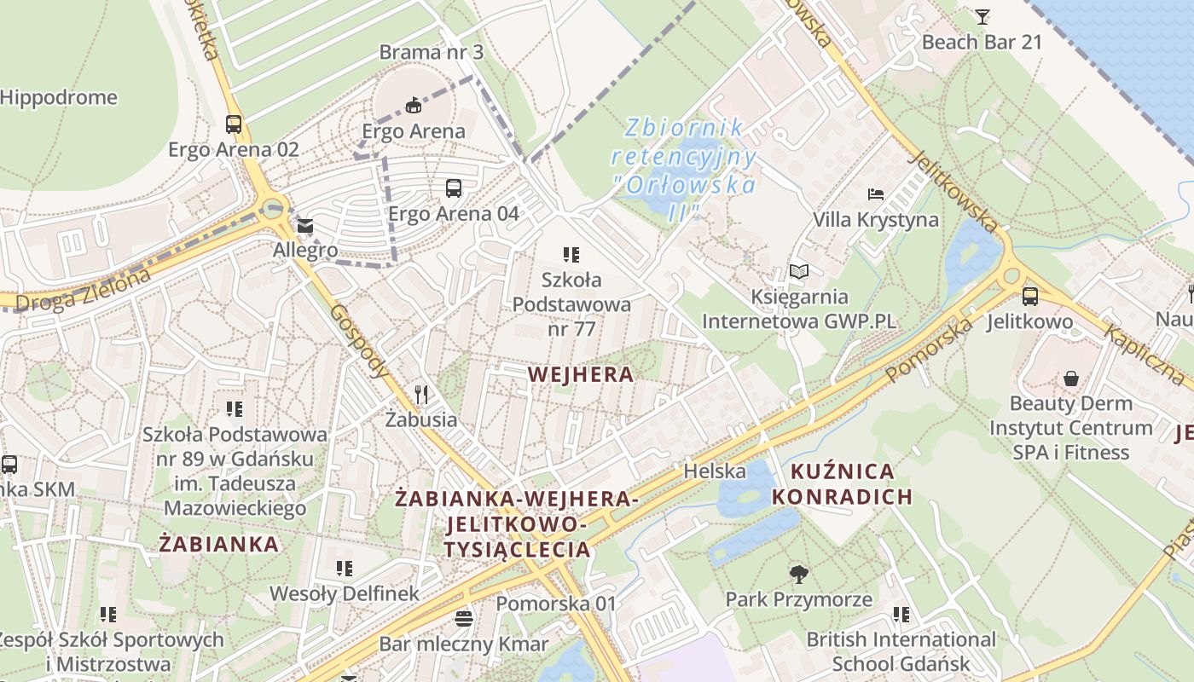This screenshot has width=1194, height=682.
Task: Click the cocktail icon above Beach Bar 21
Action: pos(982,16)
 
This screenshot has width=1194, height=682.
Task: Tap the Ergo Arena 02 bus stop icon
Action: pos(233,124)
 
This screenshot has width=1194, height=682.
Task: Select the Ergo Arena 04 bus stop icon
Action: pos(453,188)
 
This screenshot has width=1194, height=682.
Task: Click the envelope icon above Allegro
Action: pos(304,227)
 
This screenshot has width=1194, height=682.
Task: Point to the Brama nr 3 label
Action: pos(431,52)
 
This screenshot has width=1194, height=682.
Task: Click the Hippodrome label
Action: pos(58,97)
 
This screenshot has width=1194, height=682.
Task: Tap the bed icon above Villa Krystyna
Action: pos(875,194)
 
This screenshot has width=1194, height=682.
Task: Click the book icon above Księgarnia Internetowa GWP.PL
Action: pos(798,272)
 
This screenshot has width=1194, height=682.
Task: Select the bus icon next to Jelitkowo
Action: pos(1029,297)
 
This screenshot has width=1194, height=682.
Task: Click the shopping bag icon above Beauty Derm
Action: pos(1070,378)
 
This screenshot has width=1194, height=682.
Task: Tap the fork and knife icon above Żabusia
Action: pos(420,394)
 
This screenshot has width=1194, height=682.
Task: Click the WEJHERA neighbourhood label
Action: pos(581,374)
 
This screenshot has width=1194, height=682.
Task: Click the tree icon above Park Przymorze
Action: pos(798,574)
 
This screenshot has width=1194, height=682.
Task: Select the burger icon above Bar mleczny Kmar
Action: pos(464,618)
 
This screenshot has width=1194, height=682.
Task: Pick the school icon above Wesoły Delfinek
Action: pos(344,568)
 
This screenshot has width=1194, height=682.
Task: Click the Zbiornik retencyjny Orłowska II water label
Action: pos(683,169)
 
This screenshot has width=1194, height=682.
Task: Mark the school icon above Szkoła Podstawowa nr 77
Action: pos(571,254)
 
